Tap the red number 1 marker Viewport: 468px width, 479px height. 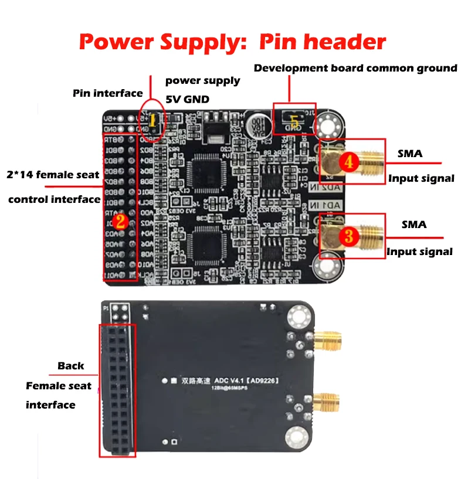154,121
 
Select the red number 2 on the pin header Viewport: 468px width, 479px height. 120,221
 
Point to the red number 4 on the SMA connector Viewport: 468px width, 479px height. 349,162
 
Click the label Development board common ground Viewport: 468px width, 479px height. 355,68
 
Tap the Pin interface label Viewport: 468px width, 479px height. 107,93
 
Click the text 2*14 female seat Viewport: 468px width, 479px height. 49,175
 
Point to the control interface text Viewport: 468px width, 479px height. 54,199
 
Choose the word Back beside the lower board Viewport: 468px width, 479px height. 70,366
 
